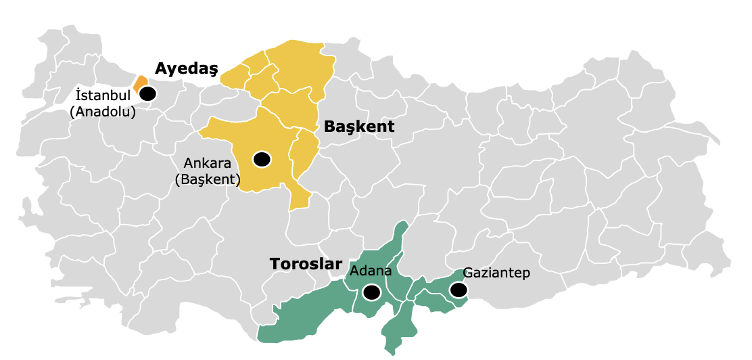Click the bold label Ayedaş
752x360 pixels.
[186, 68]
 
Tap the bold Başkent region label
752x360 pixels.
[358, 127]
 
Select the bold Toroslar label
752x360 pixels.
[306, 264]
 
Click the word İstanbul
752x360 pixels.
[102, 95]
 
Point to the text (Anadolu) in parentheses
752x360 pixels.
[103, 111]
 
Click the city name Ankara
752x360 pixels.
[208, 163]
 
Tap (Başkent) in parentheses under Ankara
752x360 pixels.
[208, 179]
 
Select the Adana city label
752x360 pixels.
[371, 271]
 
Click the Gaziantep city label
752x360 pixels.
[496, 273]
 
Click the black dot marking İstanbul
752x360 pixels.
[147, 94]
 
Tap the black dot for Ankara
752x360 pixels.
[262, 159]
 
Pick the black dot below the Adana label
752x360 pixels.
[371, 292]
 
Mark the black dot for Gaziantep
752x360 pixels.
[459, 290]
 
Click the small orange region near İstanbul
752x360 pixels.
[141, 83]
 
